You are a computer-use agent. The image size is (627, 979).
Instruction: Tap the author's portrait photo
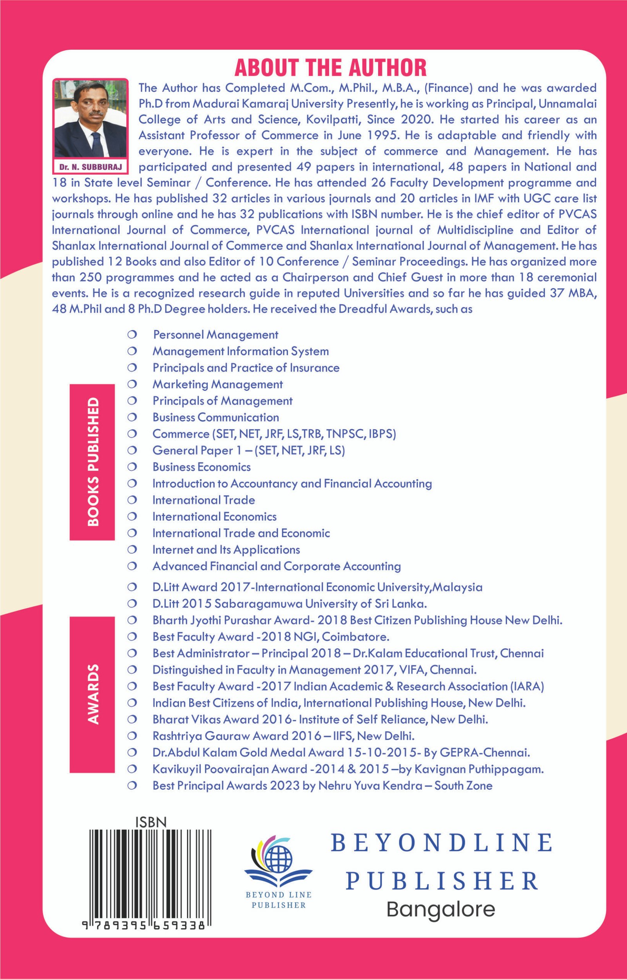pyautogui.click(x=90, y=119)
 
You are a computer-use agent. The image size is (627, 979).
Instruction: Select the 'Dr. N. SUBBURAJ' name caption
pyautogui.click(x=90, y=167)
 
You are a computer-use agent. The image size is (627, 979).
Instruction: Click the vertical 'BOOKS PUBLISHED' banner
pyautogui.click(x=92, y=462)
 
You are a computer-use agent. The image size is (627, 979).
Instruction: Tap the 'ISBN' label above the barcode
pyautogui.click(x=151, y=822)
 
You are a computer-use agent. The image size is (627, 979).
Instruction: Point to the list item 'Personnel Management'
pyautogui.click(x=216, y=335)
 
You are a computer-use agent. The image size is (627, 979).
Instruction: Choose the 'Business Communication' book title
pyautogui.click(x=216, y=417)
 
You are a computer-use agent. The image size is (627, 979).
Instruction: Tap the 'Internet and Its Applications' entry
pyautogui.click(x=226, y=549)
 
